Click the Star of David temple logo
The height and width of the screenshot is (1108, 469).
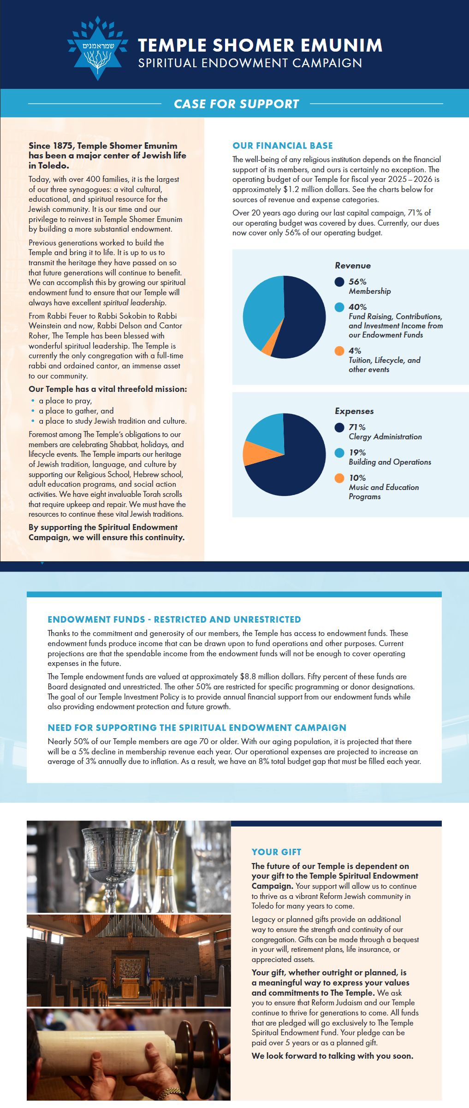click(97, 49)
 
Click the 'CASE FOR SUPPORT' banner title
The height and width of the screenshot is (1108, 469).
click(236, 104)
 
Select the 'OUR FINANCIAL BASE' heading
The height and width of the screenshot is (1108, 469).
click(282, 146)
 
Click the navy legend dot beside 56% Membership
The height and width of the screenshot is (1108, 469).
click(339, 282)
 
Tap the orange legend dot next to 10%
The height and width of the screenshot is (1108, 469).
click(339, 478)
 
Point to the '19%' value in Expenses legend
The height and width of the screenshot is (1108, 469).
click(357, 453)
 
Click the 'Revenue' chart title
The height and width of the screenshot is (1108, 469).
click(353, 266)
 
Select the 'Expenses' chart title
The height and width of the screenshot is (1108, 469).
click(354, 411)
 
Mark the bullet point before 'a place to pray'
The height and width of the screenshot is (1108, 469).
click(33, 401)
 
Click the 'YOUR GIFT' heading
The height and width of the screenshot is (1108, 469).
click(276, 852)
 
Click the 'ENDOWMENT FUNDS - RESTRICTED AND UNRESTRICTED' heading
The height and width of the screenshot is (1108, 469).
click(174, 620)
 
